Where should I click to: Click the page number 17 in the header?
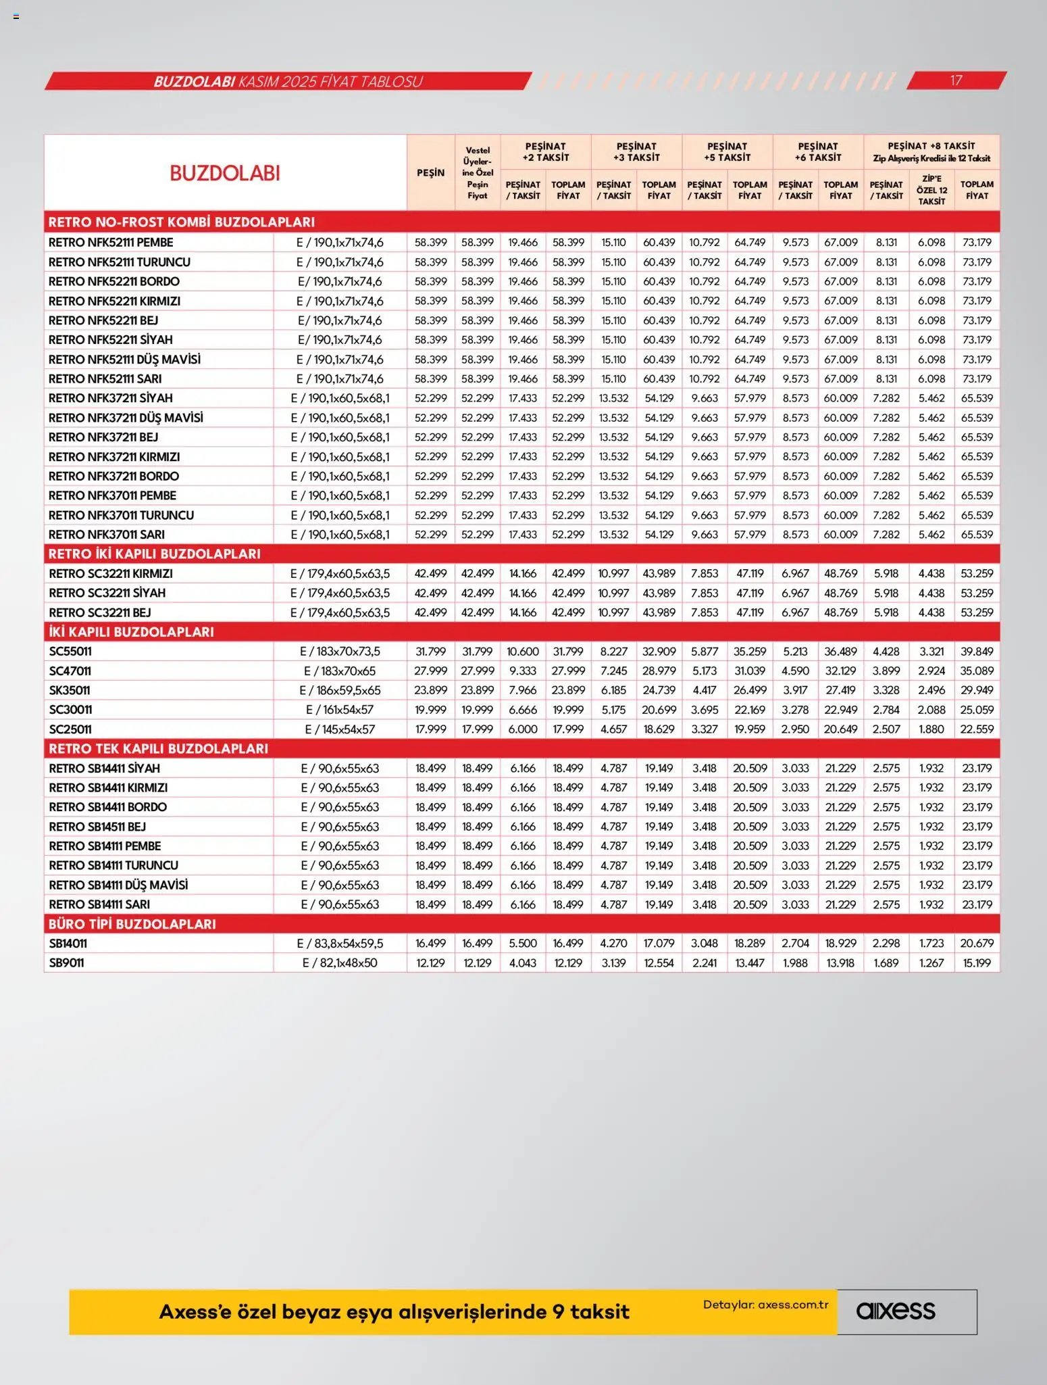pos(955,80)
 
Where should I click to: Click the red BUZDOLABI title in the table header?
pos(225,173)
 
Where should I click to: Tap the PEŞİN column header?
pos(430,173)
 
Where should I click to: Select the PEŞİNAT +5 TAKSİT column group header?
pos(727,151)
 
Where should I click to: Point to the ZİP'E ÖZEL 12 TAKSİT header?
pos(931,190)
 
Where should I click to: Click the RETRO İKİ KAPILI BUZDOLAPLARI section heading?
pos(154,554)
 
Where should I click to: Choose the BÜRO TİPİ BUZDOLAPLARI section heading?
pos(132,924)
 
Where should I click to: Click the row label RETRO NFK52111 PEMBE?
pos(111,242)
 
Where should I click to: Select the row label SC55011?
pos(70,652)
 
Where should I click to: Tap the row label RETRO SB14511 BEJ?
pos(97,827)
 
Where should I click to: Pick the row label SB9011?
pos(66,963)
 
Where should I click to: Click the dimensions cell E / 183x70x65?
pos(340,671)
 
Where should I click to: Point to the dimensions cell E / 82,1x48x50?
pos(340,963)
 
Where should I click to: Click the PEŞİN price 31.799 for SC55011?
pos(430,652)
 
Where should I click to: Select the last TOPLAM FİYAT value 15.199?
pos(977,963)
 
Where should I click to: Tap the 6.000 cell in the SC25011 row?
pos(523,729)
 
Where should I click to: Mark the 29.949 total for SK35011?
pos(977,690)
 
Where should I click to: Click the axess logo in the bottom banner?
pos(896,1311)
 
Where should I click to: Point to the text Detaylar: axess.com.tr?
pos(765,1305)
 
